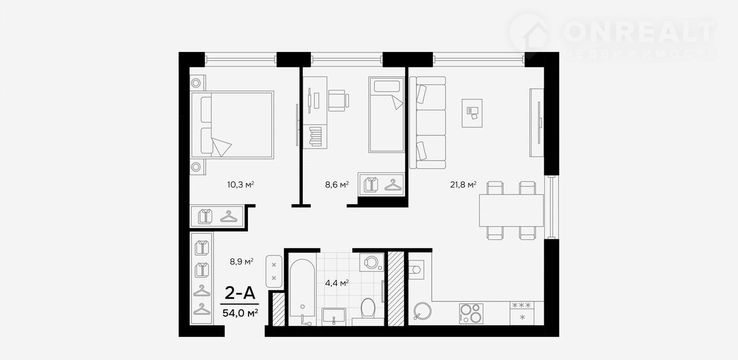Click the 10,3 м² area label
click(x=240, y=185)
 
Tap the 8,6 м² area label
click(x=337, y=185)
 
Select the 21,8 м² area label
click(x=463, y=185)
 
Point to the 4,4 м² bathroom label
click(x=337, y=283)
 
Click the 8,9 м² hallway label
click(x=242, y=262)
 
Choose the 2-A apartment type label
click(x=240, y=292)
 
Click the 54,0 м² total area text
click(x=240, y=313)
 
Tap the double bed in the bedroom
click(x=232, y=125)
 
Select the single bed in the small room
click(x=386, y=115)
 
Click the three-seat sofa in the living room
click(x=428, y=123)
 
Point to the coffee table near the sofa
click(x=472, y=113)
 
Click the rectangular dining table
click(x=511, y=211)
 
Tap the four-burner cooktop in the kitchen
click(x=471, y=313)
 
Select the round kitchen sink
click(x=422, y=311)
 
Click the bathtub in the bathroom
click(x=302, y=292)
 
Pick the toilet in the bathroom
click(x=368, y=309)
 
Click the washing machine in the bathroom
click(x=372, y=262)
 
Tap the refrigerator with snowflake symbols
click(x=522, y=313)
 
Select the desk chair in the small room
click(x=338, y=100)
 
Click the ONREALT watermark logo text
click(x=639, y=32)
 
